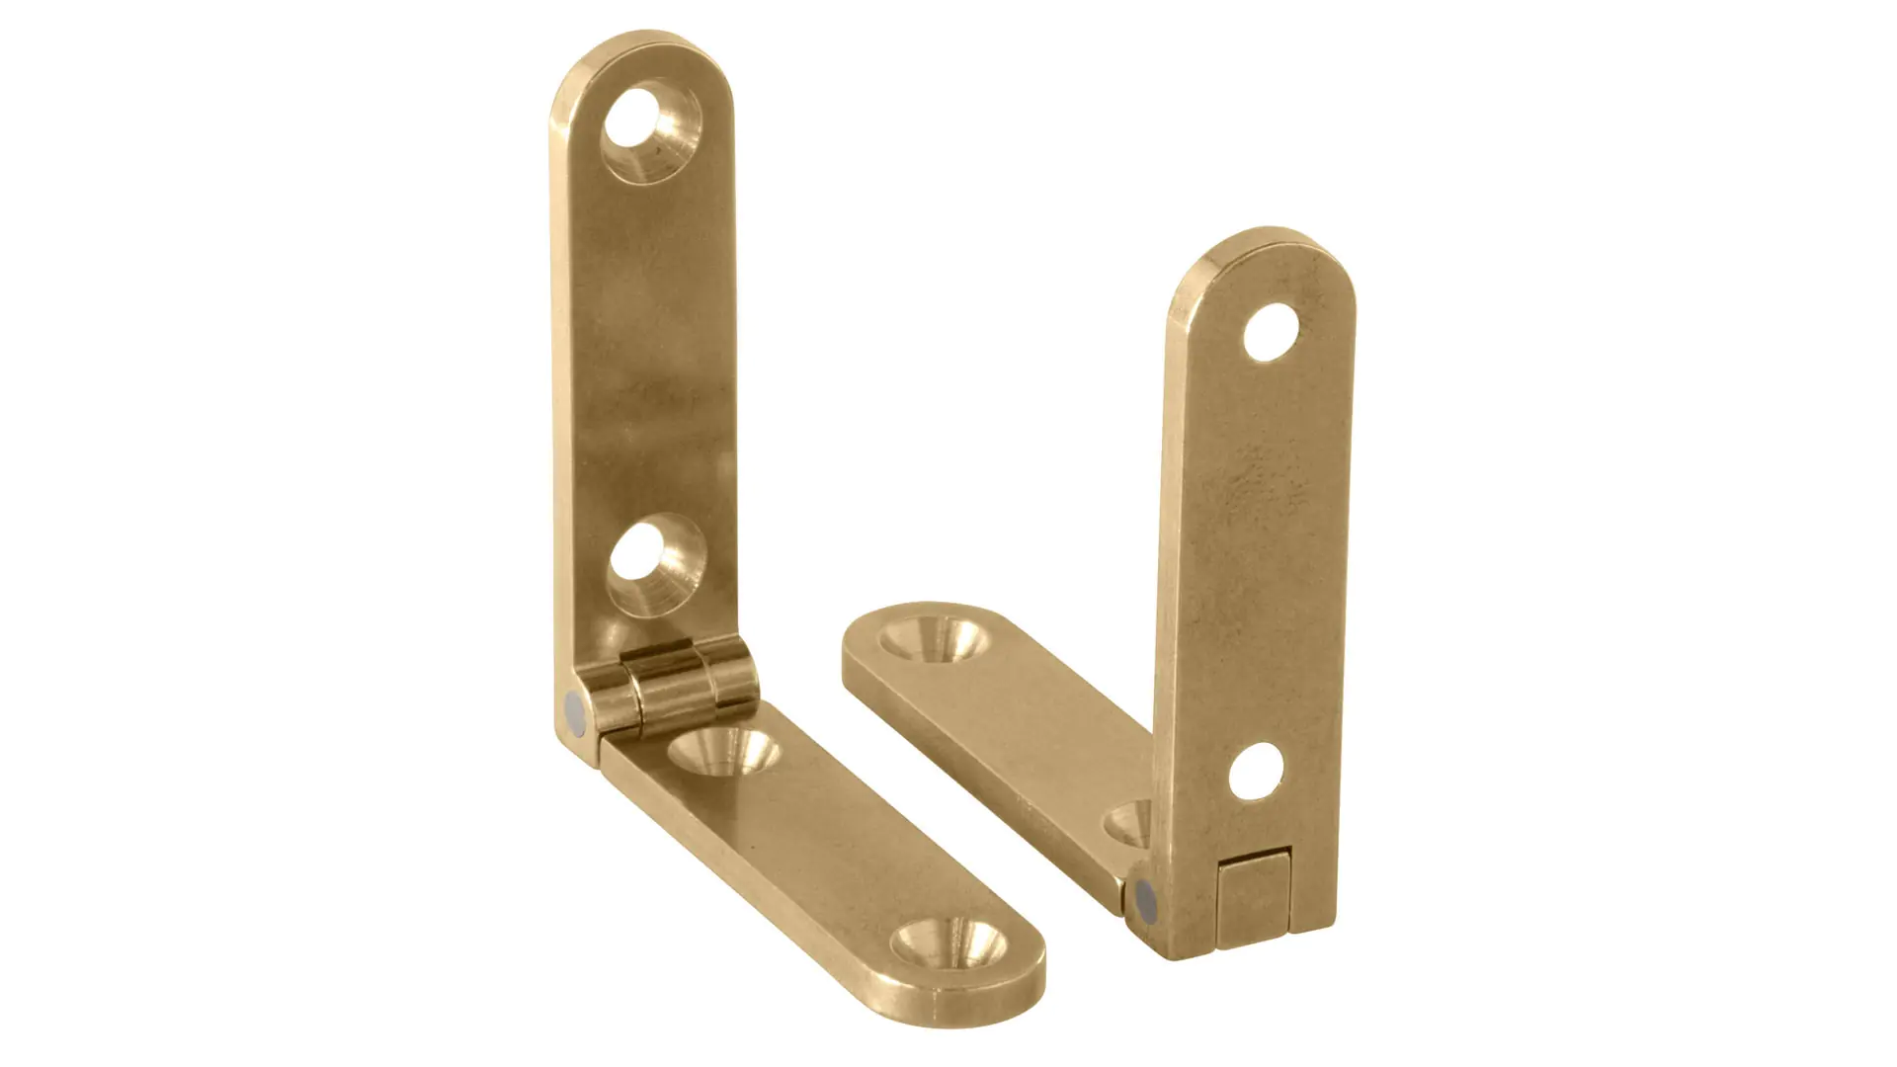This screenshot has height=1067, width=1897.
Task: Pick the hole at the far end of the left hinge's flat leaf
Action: (x=947, y=944)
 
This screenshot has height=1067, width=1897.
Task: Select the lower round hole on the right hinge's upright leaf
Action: (x=1257, y=772)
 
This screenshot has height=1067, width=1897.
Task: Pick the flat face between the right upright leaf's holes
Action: (x=1260, y=553)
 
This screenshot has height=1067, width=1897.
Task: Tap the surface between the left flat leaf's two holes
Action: (x=840, y=850)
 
